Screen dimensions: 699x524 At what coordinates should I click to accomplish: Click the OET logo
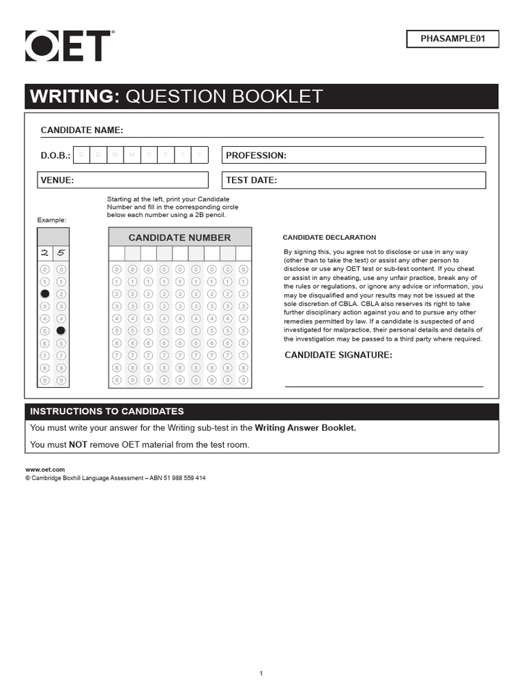point(68,46)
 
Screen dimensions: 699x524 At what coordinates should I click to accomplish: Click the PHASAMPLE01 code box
point(452,39)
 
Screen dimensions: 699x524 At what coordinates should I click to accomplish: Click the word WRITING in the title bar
point(72,96)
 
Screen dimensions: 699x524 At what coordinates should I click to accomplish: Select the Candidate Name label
point(82,130)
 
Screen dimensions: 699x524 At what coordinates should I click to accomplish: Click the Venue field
point(123,180)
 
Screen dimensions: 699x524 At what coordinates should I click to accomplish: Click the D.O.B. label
point(55,156)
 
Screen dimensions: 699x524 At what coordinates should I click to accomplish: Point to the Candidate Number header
point(179,238)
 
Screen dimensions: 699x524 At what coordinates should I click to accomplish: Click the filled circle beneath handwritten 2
point(45,294)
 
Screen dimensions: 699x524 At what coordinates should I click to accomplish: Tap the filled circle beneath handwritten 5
point(61,330)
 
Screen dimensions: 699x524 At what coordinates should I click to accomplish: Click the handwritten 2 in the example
point(45,253)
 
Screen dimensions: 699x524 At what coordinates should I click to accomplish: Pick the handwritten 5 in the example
point(61,253)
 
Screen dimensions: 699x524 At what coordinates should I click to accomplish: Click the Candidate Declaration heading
point(329,238)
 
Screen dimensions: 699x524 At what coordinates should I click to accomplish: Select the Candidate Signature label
point(338,355)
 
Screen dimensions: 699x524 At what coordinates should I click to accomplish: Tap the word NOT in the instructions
point(78,444)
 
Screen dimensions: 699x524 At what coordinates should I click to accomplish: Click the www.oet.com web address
point(45,470)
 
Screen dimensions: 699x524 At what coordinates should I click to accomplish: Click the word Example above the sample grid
point(52,220)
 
